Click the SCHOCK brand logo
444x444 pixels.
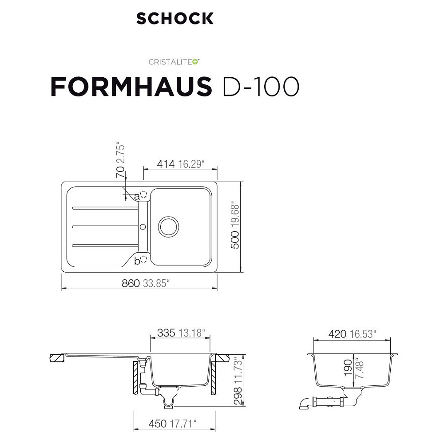(x=174, y=18)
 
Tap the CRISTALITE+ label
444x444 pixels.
(x=174, y=62)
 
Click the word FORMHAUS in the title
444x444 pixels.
(x=131, y=87)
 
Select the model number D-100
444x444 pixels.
(x=261, y=87)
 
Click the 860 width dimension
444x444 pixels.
(x=131, y=283)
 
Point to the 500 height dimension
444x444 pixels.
(x=235, y=240)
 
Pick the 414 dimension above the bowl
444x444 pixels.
(x=166, y=164)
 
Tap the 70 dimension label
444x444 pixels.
(x=120, y=172)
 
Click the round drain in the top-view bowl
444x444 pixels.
(x=168, y=227)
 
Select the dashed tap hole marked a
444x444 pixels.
(x=144, y=194)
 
